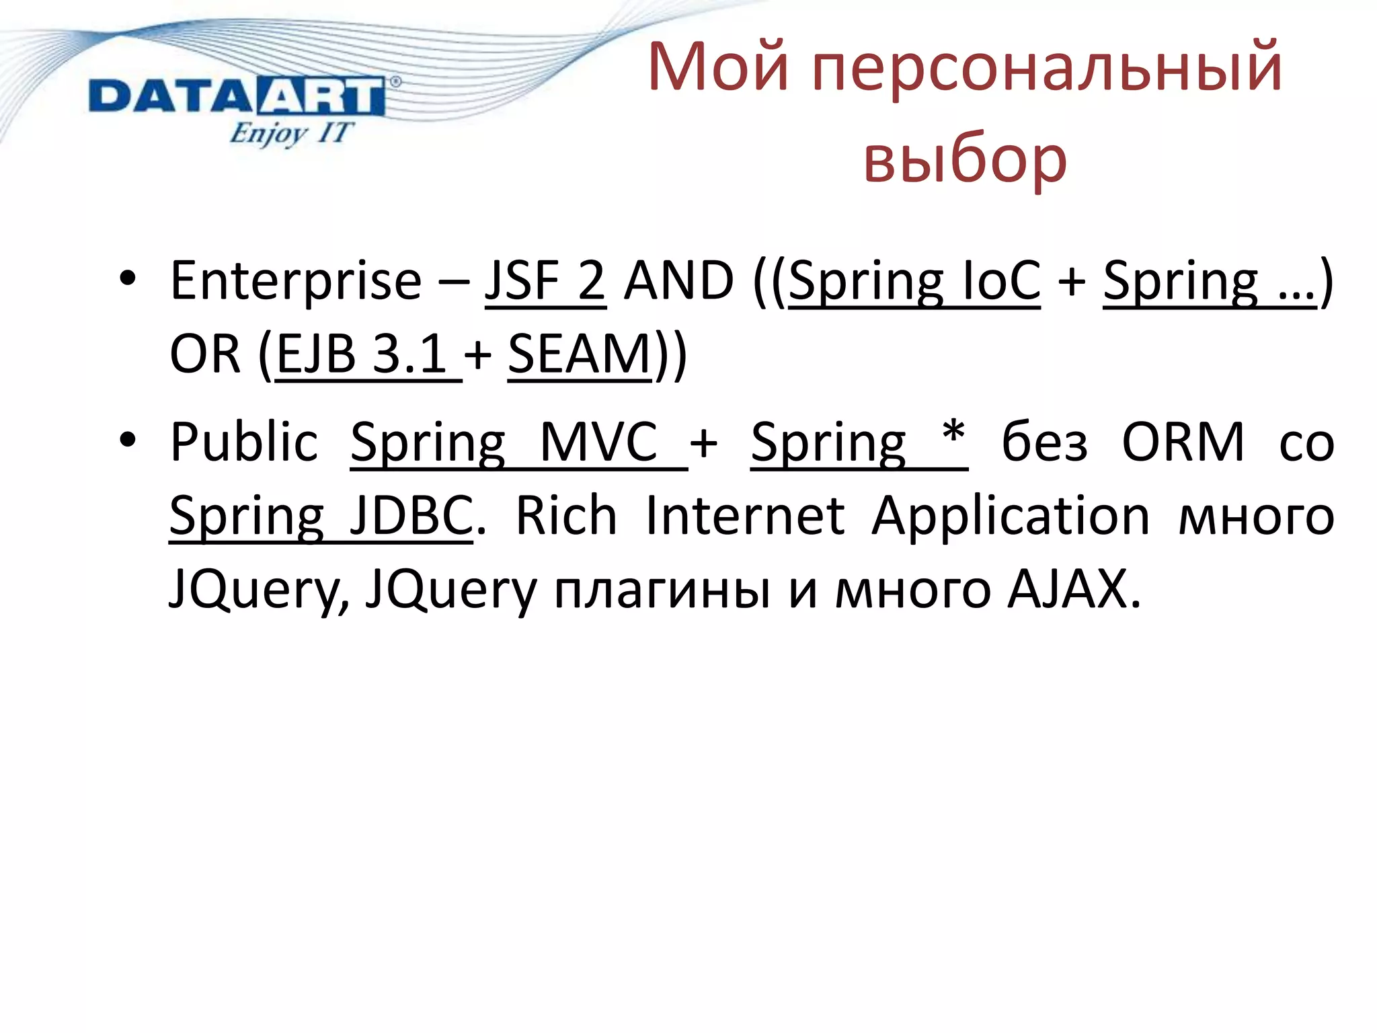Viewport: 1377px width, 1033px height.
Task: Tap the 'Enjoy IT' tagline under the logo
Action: pos(290,132)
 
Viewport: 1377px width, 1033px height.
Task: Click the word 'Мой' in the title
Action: pos(718,67)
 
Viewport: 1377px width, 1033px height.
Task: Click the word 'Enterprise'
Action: pos(296,281)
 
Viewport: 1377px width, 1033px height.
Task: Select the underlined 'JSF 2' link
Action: pos(545,281)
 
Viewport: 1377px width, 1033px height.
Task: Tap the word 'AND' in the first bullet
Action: pos(679,281)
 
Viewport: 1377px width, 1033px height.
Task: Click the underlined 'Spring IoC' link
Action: pos(914,281)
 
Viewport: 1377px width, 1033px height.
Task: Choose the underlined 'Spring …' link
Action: pos(1209,281)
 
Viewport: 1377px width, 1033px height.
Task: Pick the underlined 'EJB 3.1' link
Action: pos(363,354)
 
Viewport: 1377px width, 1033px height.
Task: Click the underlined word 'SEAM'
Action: pos(580,354)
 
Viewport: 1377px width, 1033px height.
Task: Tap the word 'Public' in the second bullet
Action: pos(244,443)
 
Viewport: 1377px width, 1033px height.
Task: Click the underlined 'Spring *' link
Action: pos(859,443)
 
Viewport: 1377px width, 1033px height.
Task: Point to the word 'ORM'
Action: pos(1183,443)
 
